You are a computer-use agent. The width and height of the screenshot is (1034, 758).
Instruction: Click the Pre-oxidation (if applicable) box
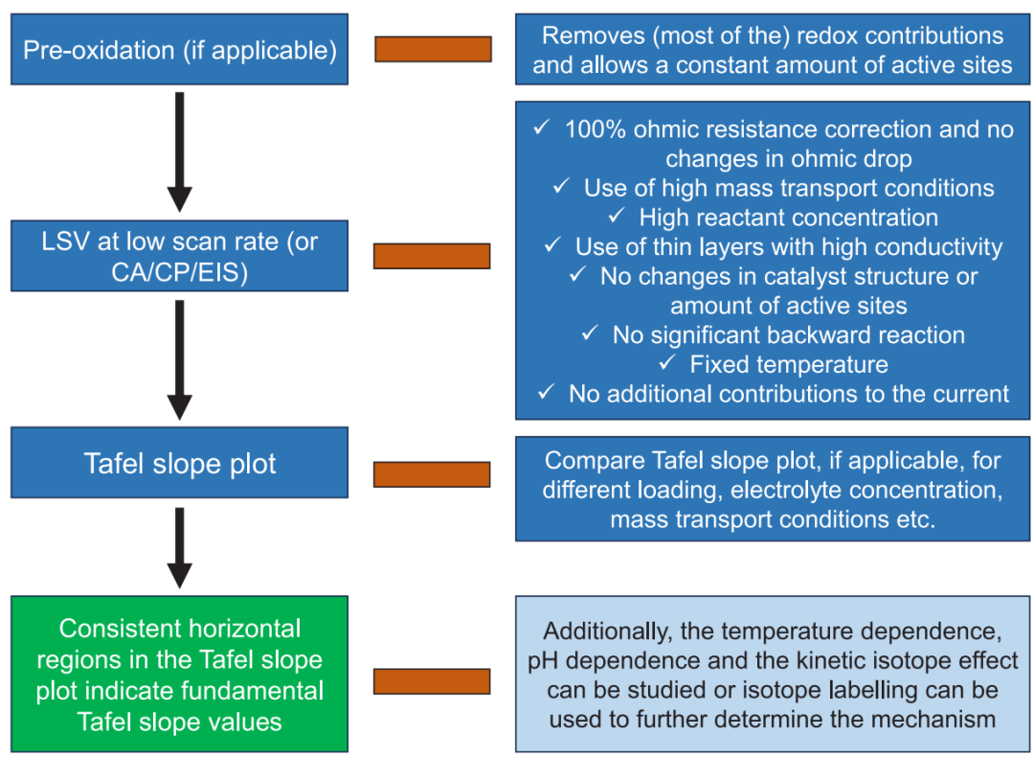(x=180, y=49)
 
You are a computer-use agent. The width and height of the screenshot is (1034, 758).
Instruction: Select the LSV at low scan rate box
(x=180, y=256)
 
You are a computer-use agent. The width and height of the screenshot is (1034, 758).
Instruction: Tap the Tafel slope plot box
(x=180, y=463)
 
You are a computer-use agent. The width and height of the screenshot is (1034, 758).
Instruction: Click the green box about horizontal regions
(x=180, y=675)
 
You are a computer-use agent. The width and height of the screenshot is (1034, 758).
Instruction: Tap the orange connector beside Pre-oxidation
(x=433, y=49)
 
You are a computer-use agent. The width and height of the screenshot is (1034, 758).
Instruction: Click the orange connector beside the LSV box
(x=432, y=256)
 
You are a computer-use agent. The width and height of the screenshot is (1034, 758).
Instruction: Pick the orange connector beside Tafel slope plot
(x=432, y=473)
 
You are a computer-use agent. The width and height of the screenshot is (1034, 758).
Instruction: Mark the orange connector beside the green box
(x=432, y=681)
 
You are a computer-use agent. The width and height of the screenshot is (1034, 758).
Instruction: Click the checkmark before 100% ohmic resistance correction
(x=543, y=128)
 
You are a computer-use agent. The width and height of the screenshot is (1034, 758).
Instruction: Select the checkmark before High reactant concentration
(x=617, y=217)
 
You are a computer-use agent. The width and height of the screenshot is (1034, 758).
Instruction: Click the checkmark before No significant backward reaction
(x=591, y=334)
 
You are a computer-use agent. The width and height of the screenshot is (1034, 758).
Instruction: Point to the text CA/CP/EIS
(x=180, y=272)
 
